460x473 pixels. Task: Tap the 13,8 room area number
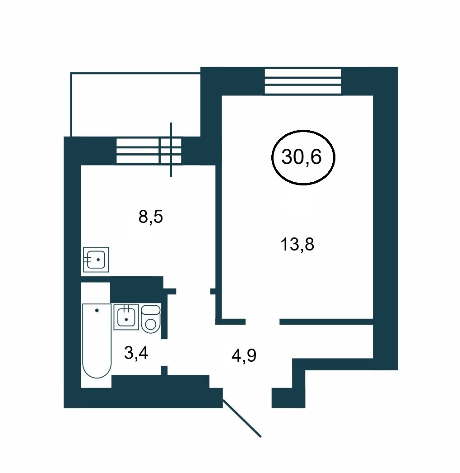(297, 244)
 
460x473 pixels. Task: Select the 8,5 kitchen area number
(150, 217)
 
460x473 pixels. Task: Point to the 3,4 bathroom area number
(136, 353)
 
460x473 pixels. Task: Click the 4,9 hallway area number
(244, 355)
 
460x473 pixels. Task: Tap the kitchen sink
(96, 260)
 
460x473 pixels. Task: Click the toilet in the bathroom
(150, 319)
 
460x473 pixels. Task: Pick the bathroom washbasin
(126, 317)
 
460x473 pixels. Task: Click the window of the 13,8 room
(303, 81)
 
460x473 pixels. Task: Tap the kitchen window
(149, 151)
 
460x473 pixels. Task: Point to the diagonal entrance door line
(242, 418)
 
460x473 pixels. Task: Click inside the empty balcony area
(135, 104)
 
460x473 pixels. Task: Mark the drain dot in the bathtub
(97, 310)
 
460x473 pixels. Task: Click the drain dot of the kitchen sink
(98, 260)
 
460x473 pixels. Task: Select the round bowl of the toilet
(150, 325)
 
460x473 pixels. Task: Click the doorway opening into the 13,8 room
(263, 322)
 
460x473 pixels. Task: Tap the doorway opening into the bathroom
(164, 352)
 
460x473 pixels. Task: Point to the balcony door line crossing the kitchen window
(171, 150)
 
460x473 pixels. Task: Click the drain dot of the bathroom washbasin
(126, 319)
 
